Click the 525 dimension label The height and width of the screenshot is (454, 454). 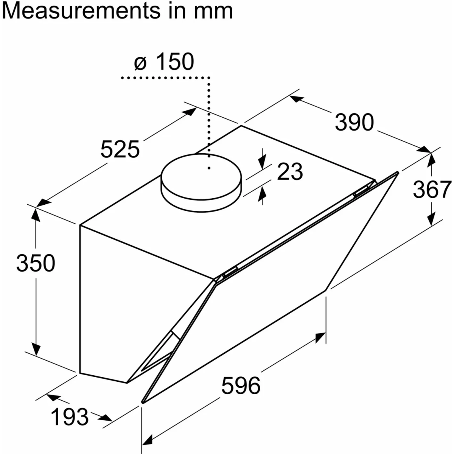pos(120,149)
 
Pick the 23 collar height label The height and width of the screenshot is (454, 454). pos(290,172)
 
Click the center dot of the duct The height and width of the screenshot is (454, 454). pos(208,168)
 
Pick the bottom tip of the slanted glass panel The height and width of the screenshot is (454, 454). pos(143,401)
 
